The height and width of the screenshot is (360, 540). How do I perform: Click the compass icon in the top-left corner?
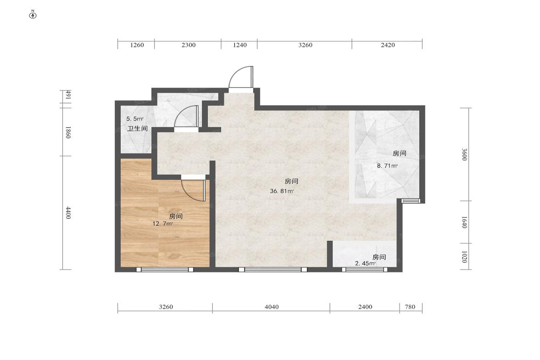[33, 15]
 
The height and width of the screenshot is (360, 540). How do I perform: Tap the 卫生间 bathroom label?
[137, 129]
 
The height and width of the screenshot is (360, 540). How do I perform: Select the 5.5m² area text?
[135, 119]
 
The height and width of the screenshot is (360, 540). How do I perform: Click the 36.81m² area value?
[282, 191]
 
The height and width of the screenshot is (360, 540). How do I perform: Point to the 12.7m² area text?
[162, 224]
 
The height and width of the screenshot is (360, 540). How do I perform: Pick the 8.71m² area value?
[387, 166]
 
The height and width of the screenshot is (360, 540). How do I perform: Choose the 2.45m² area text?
[365, 263]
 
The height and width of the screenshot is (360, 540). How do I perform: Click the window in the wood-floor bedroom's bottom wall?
[165, 270]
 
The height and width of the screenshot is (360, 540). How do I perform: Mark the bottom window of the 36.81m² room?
[273, 270]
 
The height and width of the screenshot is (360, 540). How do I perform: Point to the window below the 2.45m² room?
[365, 270]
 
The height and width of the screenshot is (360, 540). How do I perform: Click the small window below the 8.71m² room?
[410, 201]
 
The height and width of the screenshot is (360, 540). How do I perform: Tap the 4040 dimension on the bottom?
[271, 307]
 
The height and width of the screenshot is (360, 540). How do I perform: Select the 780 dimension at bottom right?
[410, 307]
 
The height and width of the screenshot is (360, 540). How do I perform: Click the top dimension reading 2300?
[188, 45]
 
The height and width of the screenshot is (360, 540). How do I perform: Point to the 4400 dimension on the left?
[68, 212]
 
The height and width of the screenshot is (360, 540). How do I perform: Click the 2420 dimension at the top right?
[387, 45]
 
